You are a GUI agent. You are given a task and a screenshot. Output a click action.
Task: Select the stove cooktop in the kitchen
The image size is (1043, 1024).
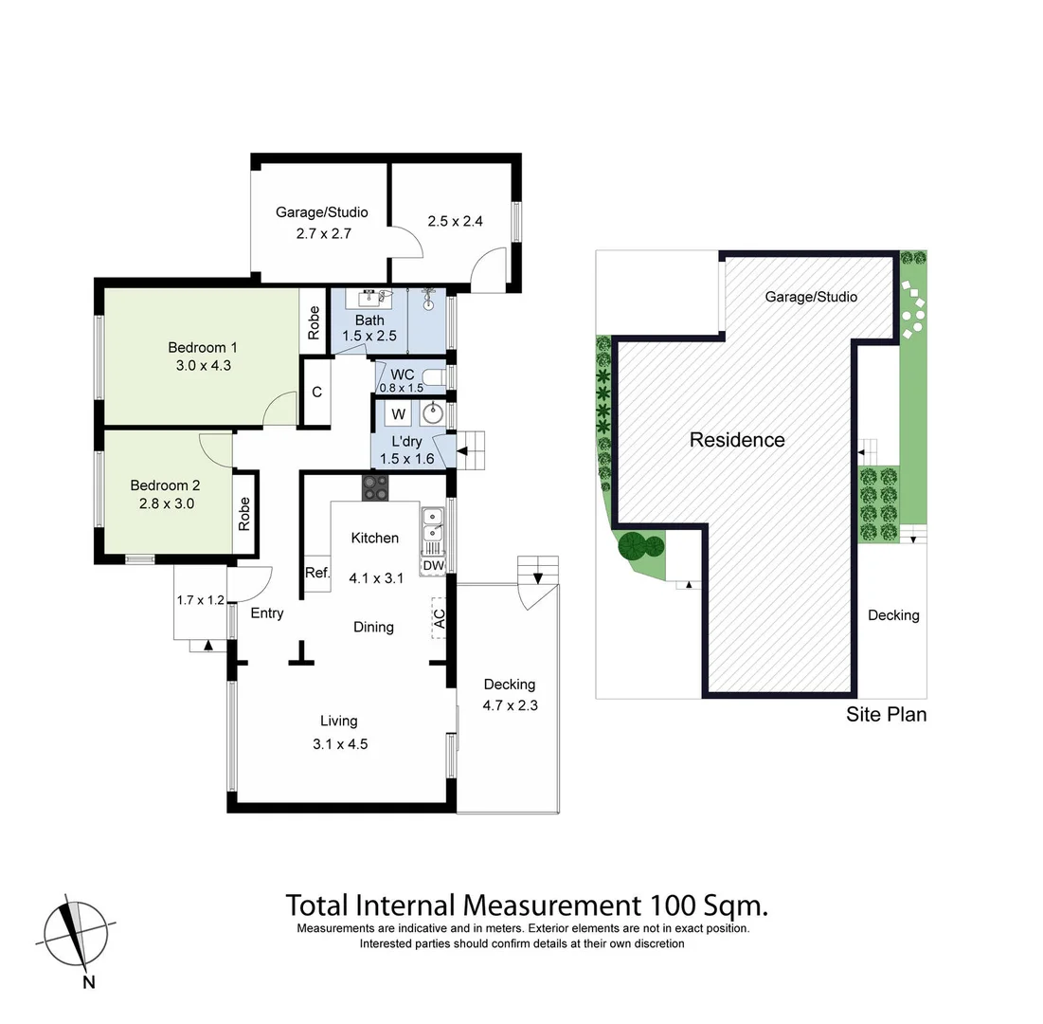click(375, 487)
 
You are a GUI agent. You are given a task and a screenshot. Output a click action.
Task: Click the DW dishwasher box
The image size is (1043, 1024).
click(433, 566)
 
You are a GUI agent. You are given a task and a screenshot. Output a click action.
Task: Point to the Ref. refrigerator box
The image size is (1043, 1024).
click(316, 573)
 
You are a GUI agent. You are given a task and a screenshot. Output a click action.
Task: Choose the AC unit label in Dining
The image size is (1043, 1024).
click(438, 618)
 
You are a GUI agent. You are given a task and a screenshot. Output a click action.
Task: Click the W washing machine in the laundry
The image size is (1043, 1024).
click(399, 414)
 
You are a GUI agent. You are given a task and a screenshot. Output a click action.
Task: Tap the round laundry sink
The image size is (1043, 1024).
click(433, 413)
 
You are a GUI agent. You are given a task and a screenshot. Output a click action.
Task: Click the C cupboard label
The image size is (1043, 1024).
click(316, 392)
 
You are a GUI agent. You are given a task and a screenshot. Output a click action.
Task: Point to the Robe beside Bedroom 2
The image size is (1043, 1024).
click(244, 513)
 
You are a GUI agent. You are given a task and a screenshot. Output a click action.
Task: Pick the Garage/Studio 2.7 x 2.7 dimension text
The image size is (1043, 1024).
click(321, 232)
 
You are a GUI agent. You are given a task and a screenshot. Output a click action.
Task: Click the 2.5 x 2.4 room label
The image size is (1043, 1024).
click(455, 222)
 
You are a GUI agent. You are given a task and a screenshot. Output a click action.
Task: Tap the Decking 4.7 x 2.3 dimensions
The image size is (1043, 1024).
click(509, 704)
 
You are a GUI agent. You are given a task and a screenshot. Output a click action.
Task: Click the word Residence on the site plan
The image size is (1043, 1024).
click(737, 440)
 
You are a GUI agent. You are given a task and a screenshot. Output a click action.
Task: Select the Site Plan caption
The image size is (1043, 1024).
click(886, 715)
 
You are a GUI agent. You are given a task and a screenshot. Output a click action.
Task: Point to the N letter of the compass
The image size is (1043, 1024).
click(88, 982)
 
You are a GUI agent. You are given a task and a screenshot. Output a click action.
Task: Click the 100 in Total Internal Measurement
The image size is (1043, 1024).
click(675, 905)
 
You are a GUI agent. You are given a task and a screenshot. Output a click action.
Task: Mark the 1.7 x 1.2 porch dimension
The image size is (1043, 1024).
click(200, 600)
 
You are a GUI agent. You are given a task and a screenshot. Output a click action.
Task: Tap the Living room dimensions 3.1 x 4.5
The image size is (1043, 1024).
click(340, 744)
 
